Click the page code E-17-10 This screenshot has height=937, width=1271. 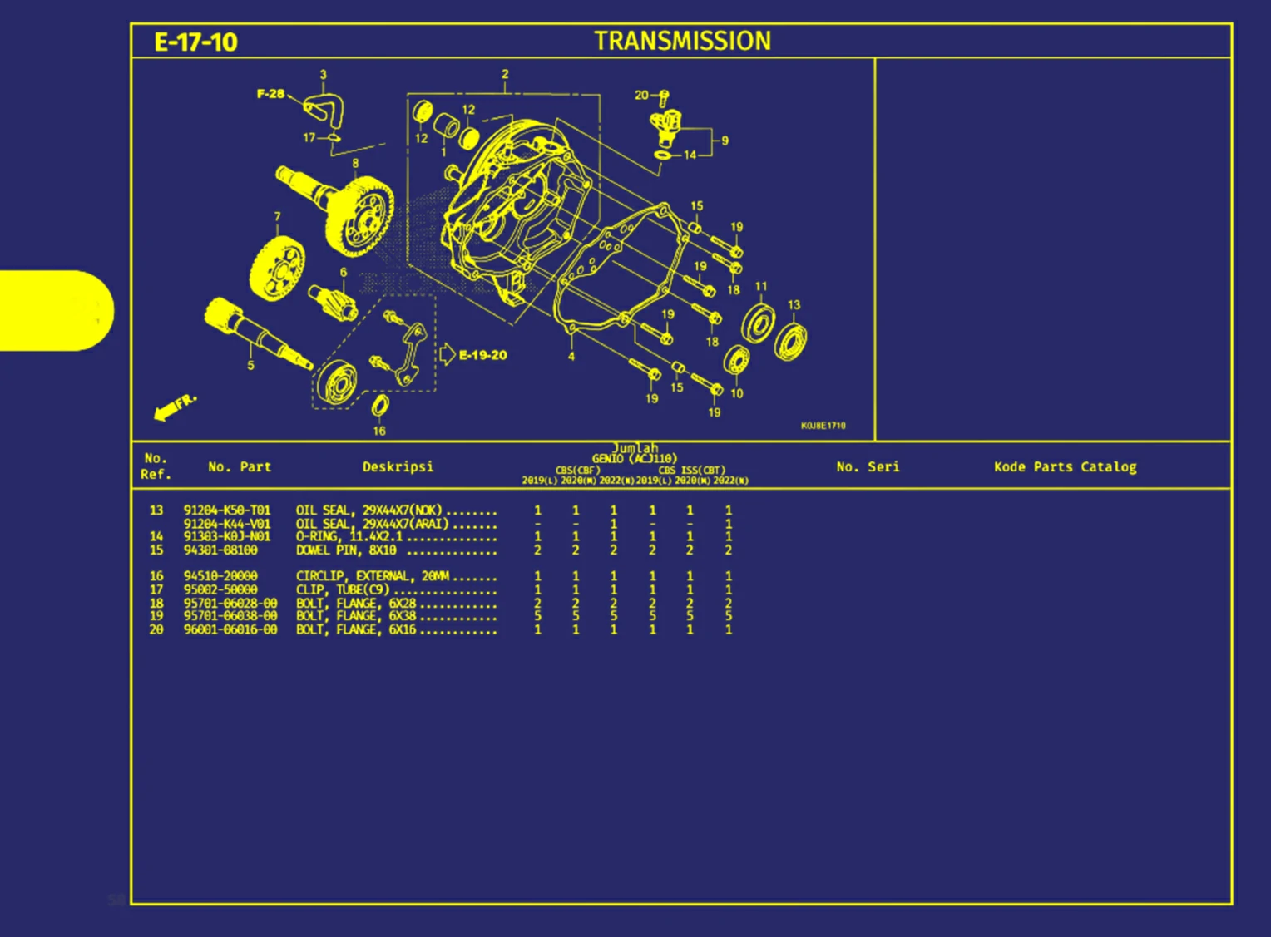195,42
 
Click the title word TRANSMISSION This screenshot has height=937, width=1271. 682,41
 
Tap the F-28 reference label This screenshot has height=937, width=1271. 270,94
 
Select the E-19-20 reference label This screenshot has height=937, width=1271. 482,355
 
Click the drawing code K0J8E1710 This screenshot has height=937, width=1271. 823,426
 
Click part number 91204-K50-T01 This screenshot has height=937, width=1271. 226,510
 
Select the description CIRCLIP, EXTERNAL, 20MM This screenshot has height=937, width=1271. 372,576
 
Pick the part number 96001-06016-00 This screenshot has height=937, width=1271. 230,630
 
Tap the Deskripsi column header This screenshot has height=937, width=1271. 398,467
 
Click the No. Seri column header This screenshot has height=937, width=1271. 868,467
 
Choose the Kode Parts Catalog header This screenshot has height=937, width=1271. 1065,467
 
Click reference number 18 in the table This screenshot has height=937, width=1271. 156,604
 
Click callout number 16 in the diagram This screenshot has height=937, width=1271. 379,431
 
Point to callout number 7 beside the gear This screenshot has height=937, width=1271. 278,216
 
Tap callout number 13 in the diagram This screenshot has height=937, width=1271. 794,305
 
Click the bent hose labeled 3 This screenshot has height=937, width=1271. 325,108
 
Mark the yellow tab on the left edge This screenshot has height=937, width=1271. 55,310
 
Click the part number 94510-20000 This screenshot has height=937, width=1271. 220,576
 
